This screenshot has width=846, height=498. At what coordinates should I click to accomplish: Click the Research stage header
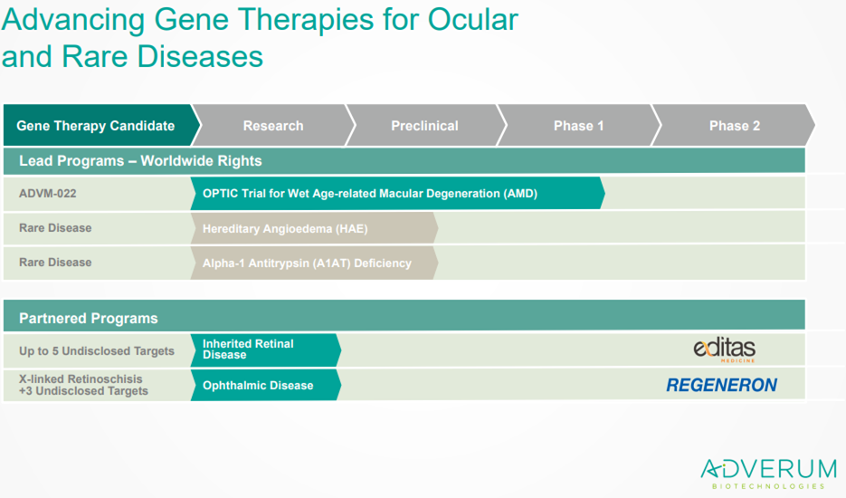(273, 125)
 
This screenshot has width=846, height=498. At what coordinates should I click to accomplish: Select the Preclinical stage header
(425, 125)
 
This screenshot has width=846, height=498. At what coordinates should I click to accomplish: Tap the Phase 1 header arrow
(579, 125)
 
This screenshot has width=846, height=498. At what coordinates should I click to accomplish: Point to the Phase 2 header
(735, 125)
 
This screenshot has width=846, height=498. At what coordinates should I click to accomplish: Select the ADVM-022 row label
(47, 194)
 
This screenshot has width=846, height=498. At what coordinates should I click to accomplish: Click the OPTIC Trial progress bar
(397, 194)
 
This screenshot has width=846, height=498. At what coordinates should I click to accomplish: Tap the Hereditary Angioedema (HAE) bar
(314, 228)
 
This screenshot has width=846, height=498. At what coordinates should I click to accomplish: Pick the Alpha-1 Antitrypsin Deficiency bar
(314, 263)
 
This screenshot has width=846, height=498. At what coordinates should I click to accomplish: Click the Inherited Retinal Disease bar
(265, 350)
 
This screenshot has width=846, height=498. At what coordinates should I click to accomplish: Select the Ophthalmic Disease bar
(265, 385)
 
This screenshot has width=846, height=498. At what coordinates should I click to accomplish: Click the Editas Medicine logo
(725, 350)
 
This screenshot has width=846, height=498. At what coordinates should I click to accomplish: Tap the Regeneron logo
(722, 385)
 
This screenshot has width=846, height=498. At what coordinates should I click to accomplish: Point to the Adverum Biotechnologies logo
(768, 474)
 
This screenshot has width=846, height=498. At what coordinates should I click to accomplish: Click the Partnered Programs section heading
(89, 318)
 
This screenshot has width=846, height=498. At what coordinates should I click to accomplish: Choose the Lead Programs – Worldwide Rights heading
(140, 161)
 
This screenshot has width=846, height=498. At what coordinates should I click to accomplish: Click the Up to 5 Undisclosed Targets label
(97, 351)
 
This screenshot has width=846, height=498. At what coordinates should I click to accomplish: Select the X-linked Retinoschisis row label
(83, 385)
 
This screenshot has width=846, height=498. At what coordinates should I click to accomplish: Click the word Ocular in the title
(472, 19)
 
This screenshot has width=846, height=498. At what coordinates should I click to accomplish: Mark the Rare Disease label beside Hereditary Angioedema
(55, 228)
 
